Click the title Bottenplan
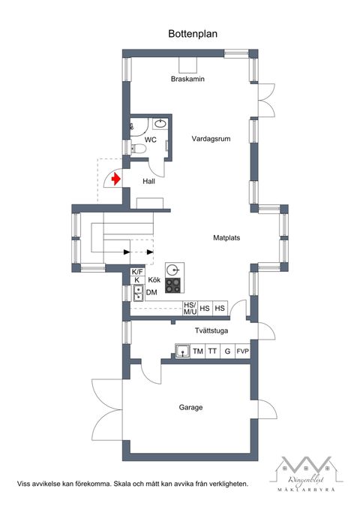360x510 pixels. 187,34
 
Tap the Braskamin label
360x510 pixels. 187,79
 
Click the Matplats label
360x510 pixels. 226,237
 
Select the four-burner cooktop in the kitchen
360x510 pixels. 174,285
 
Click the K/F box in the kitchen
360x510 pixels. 137,272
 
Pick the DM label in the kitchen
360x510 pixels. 151,292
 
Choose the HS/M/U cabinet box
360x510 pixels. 190,309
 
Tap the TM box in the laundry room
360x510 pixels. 198,351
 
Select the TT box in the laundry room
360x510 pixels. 212,351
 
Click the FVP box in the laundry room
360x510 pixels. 242,351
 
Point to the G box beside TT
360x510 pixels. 227,351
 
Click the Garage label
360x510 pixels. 190,408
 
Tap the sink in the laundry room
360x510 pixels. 182,350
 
